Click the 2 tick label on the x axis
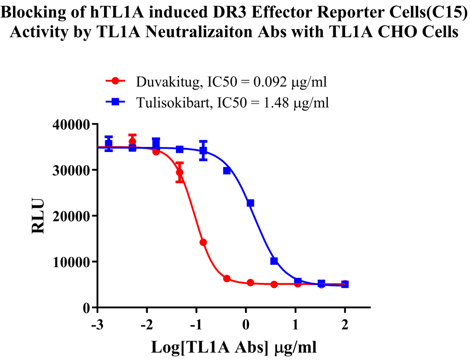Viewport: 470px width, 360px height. click(x=345, y=325)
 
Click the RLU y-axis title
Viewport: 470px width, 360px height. click(x=39, y=216)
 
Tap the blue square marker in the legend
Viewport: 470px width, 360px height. click(x=115, y=102)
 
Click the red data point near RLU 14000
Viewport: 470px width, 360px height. click(x=203, y=242)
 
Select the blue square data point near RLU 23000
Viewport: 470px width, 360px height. click(x=251, y=203)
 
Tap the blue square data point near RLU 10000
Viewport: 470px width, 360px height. click(x=274, y=261)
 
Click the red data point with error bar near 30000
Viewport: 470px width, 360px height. click(x=179, y=172)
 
